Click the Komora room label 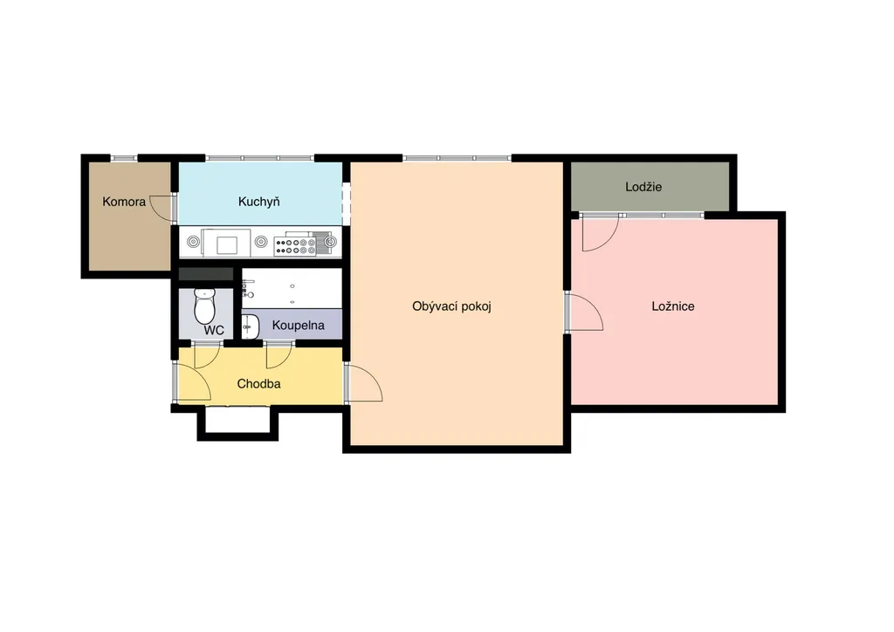124,202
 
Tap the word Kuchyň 258,202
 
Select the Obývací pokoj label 451,306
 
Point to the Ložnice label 673,306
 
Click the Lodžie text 643,187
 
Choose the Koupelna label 299,326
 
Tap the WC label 214,331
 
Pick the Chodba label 258,384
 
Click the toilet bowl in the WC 204,306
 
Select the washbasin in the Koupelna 250,326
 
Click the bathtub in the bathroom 292,288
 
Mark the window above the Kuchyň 259,158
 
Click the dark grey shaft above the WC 206,274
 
